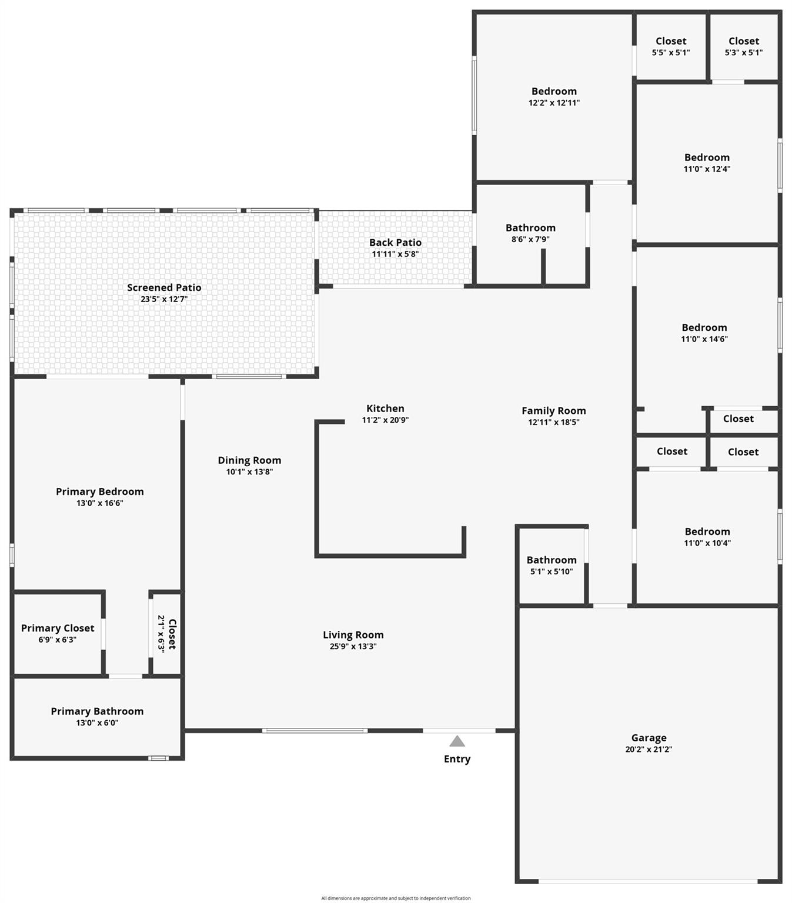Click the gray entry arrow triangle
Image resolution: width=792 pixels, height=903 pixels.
457,741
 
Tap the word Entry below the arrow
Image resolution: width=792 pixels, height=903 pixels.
457,759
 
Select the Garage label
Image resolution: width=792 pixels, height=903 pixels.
649,738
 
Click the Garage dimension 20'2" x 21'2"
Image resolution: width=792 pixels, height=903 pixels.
649,749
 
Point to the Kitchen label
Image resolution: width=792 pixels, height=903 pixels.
385,408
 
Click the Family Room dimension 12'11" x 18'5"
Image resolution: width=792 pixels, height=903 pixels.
553,422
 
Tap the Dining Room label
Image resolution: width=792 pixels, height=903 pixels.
249,460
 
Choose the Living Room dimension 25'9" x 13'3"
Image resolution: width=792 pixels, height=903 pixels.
353,646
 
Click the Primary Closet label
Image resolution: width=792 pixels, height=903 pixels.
58,628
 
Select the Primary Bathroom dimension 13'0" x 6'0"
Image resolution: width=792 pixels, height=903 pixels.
97,723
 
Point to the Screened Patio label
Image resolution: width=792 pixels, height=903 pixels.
164,287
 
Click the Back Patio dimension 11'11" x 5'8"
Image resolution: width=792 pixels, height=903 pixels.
395,254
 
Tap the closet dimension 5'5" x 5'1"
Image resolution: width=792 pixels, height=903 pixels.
671,52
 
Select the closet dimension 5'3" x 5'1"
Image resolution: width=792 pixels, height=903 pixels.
743,52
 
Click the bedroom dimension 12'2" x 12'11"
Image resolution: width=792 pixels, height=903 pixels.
554,103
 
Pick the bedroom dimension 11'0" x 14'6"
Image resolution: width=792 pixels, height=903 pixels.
704,339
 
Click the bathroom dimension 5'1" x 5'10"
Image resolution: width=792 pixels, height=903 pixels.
552,571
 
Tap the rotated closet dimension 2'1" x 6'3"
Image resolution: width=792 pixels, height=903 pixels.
161,634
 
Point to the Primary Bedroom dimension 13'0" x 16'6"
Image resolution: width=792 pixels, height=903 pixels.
99,503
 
